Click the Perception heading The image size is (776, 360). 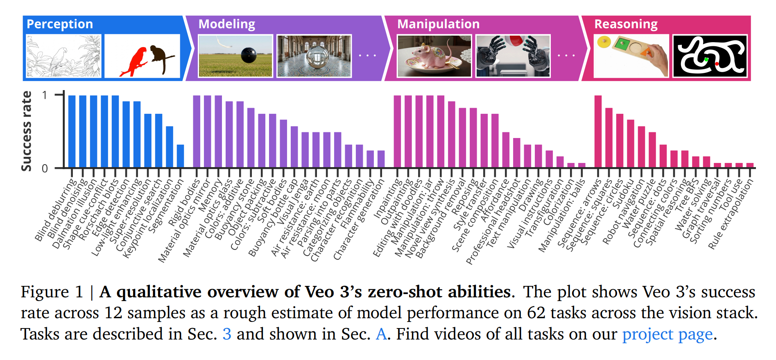click(x=60, y=24)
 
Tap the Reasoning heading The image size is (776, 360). click(x=626, y=24)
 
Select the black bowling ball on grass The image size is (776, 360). click(x=249, y=55)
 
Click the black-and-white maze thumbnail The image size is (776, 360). click(x=710, y=56)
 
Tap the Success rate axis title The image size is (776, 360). click(x=27, y=131)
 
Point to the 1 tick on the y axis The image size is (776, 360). click(x=45, y=95)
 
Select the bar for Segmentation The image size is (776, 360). click(x=180, y=156)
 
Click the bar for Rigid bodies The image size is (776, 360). click(x=197, y=131)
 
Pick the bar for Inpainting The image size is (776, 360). click(x=397, y=131)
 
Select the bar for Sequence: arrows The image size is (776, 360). click(x=598, y=131)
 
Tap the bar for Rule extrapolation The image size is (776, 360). click(x=750, y=165)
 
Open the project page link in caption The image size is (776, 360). click(x=667, y=334)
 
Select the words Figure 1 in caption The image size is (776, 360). click(x=52, y=292)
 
